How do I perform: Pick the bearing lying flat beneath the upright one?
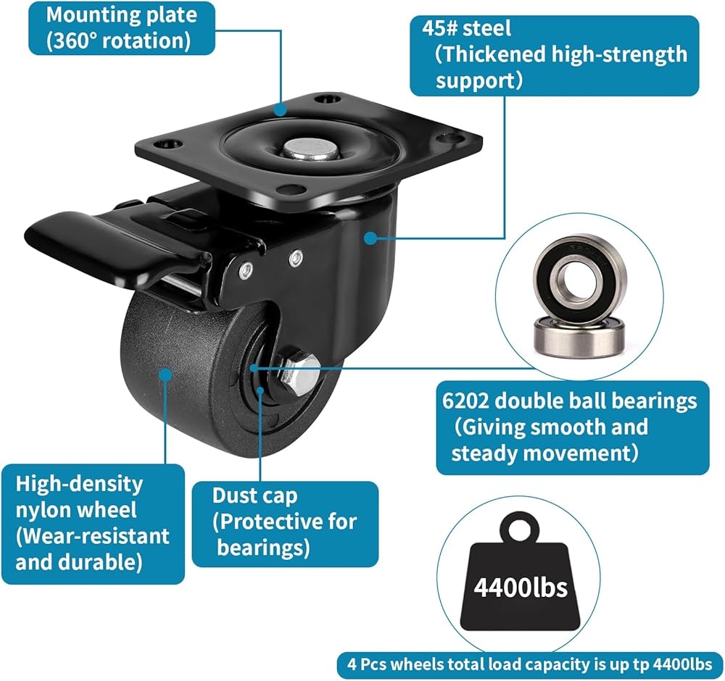tap(579, 336)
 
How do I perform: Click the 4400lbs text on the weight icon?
tap(521, 588)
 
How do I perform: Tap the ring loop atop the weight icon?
tap(520, 527)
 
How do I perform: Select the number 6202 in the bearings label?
tap(465, 401)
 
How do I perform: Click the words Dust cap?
tap(254, 496)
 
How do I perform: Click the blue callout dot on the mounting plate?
tap(280, 110)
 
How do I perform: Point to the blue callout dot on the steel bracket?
tap(370, 238)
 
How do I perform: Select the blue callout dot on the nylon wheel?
tap(165, 373)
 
